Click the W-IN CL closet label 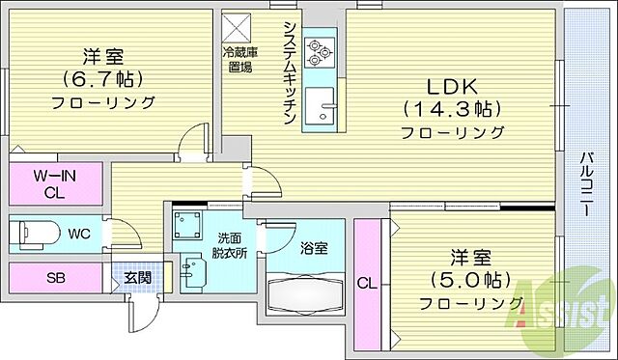(55, 183)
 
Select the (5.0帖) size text (465, 281)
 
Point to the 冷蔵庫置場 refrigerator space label (240, 59)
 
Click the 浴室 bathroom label (313, 248)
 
